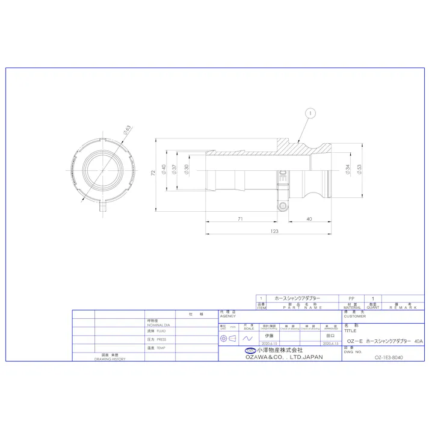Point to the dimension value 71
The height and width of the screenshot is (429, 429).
(240, 219)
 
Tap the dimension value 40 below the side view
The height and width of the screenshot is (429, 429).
(309, 219)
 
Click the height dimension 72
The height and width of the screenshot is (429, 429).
(153, 172)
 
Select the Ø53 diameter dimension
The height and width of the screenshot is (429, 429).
(359, 170)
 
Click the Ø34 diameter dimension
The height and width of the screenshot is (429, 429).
(348, 170)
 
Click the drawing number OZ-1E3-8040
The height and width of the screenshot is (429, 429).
(388, 357)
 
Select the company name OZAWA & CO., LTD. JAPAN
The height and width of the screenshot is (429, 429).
(284, 357)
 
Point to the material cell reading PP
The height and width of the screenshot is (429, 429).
(352, 298)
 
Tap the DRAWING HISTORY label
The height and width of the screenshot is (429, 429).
(109, 358)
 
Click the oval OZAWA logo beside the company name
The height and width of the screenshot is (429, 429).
(250, 350)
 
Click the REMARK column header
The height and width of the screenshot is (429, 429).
(403, 306)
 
